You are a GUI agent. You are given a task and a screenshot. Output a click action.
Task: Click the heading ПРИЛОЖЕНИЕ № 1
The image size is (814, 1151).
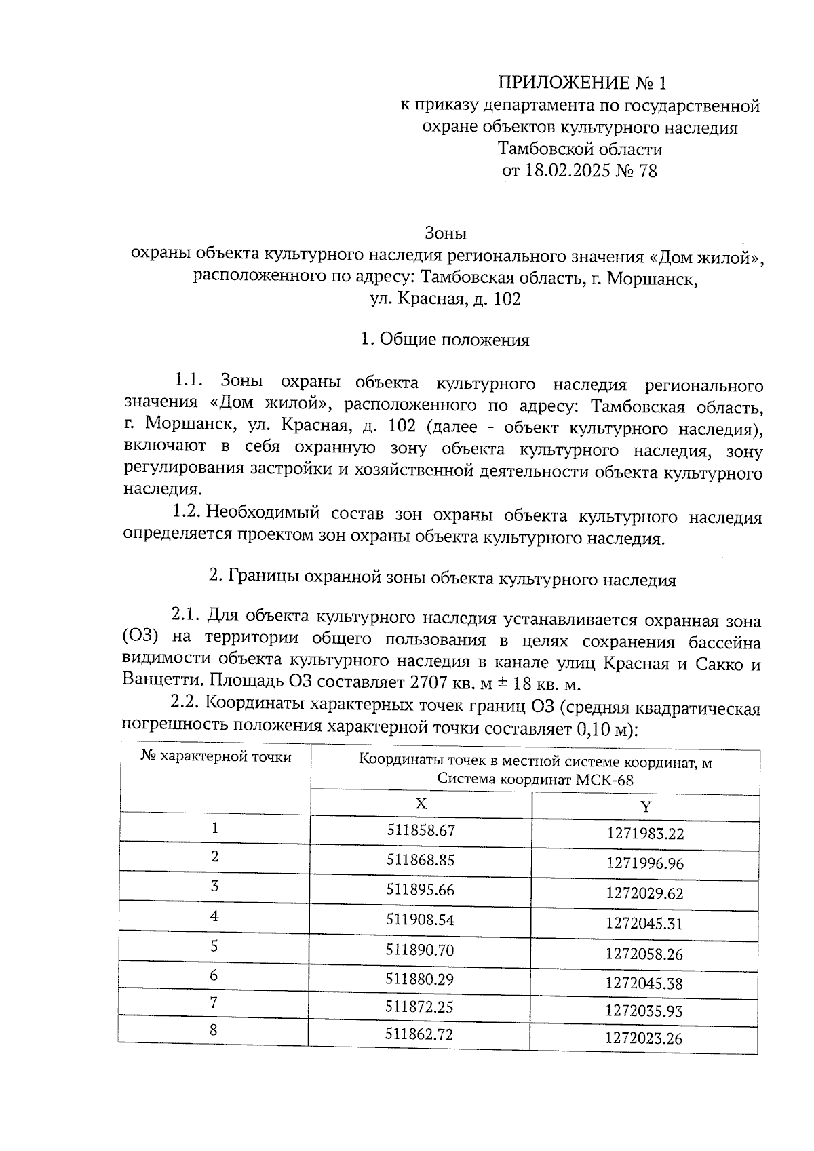(582, 83)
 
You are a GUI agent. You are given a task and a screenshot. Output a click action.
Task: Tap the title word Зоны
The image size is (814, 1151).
(446, 233)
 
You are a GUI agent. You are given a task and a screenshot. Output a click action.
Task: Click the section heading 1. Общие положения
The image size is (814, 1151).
(445, 340)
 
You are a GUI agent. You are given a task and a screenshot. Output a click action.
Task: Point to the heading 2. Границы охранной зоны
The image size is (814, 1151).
(442, 579)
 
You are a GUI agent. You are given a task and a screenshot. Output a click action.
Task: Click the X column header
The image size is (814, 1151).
(421, 804)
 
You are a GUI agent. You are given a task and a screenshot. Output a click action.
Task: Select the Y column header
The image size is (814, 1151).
(646, 806)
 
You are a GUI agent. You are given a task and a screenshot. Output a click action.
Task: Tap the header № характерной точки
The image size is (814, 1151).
(216, 757)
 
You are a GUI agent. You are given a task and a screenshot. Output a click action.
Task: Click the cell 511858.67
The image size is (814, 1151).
(421, 830)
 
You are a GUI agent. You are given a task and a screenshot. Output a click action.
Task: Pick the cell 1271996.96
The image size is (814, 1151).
(645, 863)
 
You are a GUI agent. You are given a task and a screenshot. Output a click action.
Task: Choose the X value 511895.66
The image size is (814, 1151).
(420, 890)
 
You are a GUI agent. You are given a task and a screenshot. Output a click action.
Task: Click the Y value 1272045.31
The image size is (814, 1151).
(644, 924)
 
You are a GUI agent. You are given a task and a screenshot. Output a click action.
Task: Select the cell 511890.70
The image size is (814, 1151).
(419, 950)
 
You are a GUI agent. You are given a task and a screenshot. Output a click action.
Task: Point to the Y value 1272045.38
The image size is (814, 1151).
(644, 983)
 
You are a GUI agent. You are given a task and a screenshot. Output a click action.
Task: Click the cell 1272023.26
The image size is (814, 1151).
(644, 1038)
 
